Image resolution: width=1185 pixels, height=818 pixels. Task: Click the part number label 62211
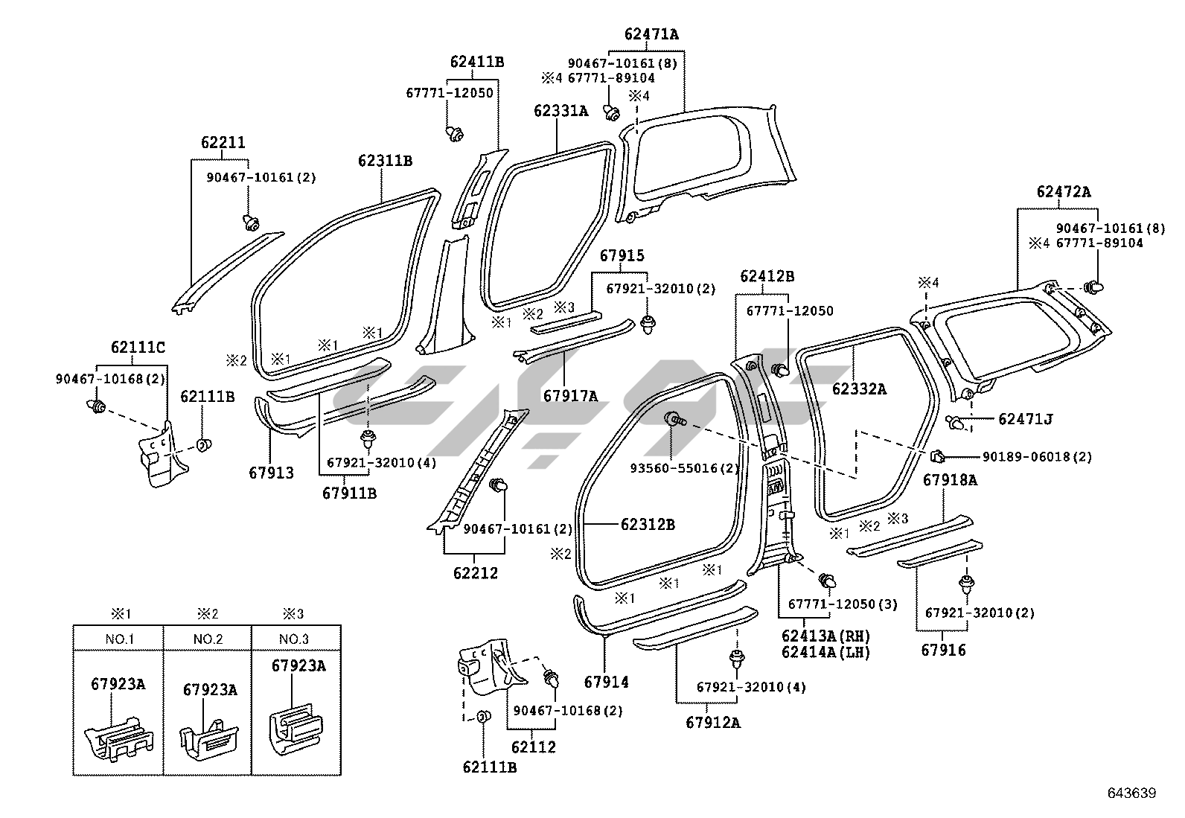(x=223, y=143)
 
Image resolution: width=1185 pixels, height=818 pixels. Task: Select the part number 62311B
(x=385, y=161)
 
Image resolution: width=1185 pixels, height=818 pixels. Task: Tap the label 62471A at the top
(x=651, y=34)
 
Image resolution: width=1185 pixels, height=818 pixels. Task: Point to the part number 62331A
(x=560, y=112)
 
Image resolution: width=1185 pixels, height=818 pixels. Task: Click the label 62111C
(x=138, y=347)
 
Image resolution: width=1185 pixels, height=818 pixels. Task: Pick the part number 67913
(x=271, y=473)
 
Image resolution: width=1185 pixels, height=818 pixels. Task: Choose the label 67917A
(x=570, y=396)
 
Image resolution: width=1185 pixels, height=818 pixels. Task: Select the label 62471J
(x=1025, y=419)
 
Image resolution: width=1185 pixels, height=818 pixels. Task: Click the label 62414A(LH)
(x=825, y=652)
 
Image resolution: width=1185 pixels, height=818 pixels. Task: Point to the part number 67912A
(x=713, y=722)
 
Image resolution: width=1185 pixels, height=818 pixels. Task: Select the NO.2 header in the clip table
(x=208, y=639)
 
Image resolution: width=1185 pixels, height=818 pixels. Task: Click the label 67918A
(x=950, y=480)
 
